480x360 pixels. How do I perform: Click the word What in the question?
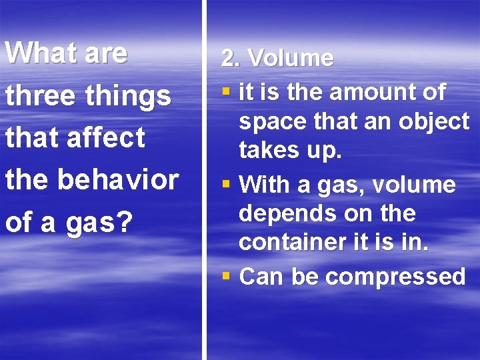pos(40,53)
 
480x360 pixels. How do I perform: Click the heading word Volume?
pos(291,58)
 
